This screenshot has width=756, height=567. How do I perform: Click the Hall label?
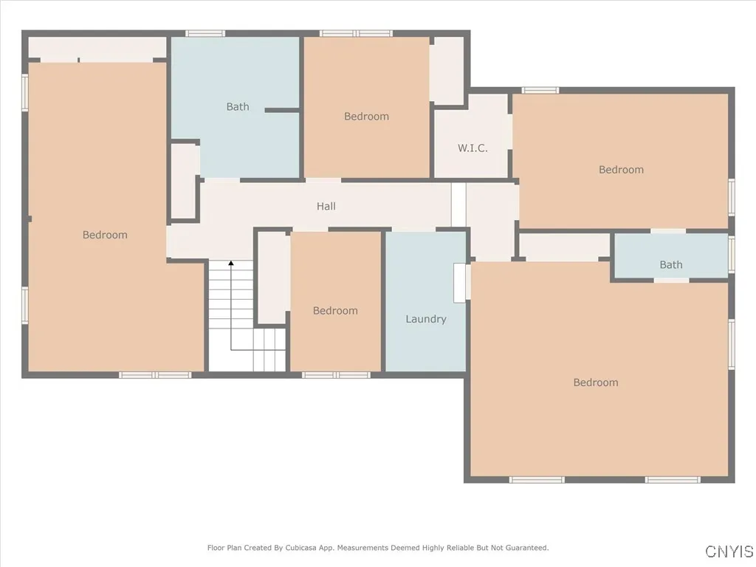326,207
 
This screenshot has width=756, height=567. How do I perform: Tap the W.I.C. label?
472,148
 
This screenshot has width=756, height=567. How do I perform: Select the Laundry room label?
426,320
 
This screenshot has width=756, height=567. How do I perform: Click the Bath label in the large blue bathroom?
238,107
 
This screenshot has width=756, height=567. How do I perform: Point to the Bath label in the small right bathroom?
671,265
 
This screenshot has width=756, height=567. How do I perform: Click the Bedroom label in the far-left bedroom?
105,236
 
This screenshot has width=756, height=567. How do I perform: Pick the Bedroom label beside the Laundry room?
335,311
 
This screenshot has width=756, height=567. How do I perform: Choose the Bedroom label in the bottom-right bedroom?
596,382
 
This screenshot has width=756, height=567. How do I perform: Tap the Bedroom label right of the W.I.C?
621,170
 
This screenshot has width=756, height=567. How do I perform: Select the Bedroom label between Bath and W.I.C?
366,117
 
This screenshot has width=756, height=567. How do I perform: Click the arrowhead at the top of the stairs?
231,264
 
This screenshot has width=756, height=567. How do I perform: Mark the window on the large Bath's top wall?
205,33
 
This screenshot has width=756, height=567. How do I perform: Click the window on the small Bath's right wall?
732,253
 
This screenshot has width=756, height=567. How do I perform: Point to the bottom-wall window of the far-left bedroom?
155,375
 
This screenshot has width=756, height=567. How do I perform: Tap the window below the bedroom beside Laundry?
336,375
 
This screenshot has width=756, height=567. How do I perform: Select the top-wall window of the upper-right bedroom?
540,90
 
